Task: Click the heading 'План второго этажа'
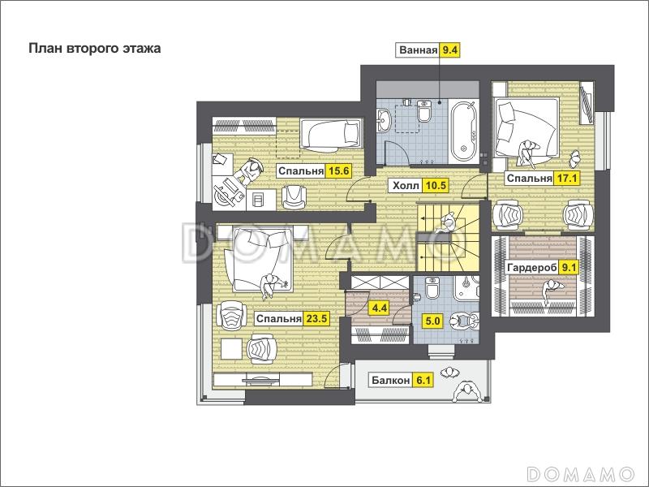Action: pos(95,49)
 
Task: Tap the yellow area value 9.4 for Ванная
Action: pos(449,50)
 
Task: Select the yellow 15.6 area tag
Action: pos(338,171)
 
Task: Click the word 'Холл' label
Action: pos(406,186)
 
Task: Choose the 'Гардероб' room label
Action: pos(532,268)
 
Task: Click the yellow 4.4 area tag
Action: pos(380,308)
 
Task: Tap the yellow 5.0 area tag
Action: pos(432,321)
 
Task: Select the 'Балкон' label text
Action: pos(390,380)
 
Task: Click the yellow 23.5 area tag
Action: pos(316,318)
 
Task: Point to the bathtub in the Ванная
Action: pos(463,132)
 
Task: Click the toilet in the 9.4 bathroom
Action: pos(423,110)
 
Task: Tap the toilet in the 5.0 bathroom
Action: pos(432,287)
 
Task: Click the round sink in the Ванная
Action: pos(384,120)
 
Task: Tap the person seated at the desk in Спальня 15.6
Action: pos(250,170)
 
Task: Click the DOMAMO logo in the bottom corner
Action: pos(580,473)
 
